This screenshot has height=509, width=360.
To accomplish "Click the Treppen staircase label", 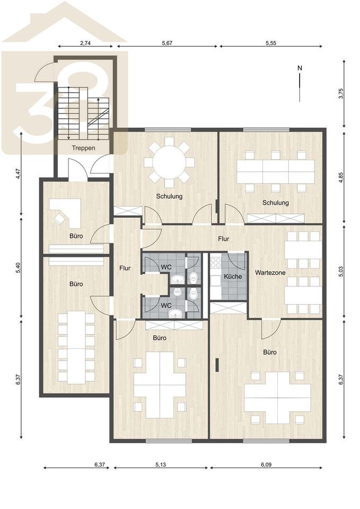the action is [x=83, y=148].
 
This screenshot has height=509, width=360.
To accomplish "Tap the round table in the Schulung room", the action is [x=169, y=162].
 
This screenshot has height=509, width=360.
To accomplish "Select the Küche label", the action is [x=233, y=277].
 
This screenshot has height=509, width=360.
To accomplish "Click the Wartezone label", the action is [x=270, y=273].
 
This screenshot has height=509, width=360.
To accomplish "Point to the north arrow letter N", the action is [x=300, y=68].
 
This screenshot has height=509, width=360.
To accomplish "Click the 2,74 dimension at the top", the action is [x=85, y=43].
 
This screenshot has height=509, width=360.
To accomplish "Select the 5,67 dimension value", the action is [x=167, y=43].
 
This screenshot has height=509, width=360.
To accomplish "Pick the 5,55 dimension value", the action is [x=271, y=43].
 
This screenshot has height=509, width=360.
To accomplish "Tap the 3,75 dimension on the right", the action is [x=340, y=93].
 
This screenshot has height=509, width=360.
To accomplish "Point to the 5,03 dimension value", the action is [x=340, y=271].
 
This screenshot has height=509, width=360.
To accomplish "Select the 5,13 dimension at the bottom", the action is [x=160, y=464].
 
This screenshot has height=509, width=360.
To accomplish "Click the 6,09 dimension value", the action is [x=266, y=464].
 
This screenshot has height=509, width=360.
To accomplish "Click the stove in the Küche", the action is [x=215, y=262].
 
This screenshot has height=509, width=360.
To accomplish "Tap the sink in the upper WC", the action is [x=177, y=279].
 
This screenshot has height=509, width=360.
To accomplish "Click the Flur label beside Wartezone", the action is [x=223, y=239].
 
